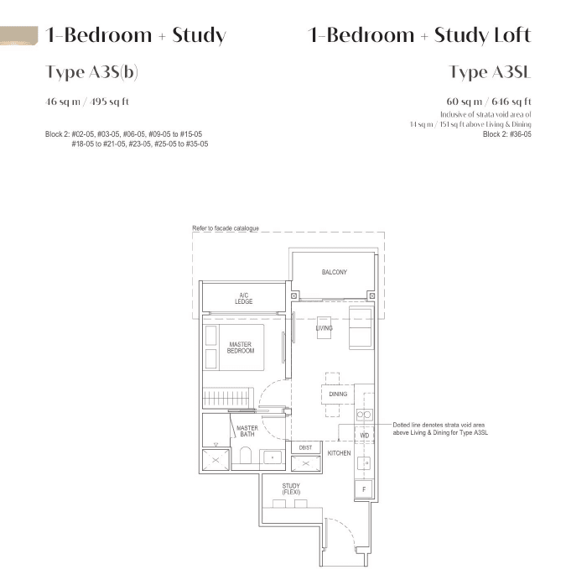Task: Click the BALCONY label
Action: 334,272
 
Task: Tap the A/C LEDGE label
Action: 243,299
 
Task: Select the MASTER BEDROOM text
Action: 241,347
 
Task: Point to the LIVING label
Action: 324,328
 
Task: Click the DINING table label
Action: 338,395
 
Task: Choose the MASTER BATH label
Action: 247,431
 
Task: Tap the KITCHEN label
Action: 339,453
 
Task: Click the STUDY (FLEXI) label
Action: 291,489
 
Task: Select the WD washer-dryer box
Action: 364,436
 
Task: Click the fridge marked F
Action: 364,489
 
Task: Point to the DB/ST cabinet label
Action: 305,448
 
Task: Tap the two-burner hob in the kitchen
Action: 364,415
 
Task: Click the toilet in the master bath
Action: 246,456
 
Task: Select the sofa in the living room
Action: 361,327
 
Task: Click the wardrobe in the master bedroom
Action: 228,398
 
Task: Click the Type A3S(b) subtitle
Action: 91,72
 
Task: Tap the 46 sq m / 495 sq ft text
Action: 87,102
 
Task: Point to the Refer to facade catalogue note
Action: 226,228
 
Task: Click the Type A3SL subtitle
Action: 490,72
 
